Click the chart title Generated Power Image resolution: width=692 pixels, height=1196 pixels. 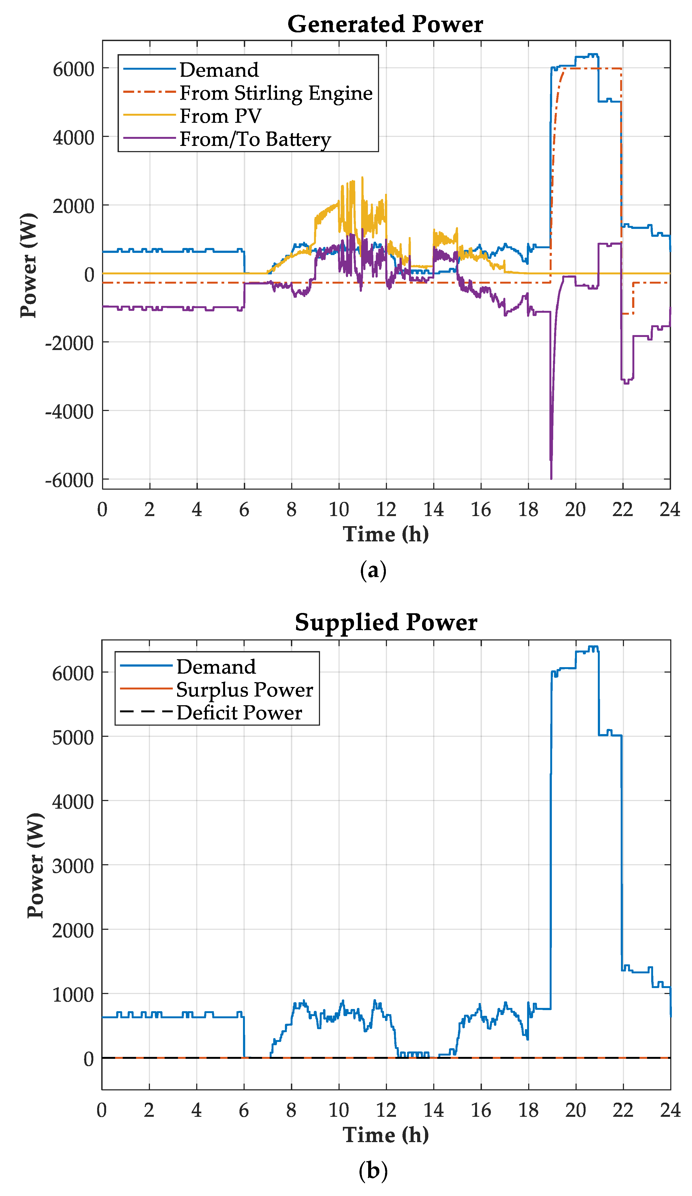click(x=385, y=24)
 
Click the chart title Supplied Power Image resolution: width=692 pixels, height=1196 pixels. click(x=385, y=622)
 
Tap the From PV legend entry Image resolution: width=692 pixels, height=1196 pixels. click(x=220, y=116)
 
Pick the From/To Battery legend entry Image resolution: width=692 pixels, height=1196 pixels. click(x=255, y=139)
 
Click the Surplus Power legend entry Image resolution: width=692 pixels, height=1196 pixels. click(x=244, y=690)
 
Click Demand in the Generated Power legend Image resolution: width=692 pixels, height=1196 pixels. click(x=219, y=70)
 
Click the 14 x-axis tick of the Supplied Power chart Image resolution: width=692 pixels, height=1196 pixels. click(x=433, y=1110)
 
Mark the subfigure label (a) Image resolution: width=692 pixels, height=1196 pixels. click(x=373, y=570)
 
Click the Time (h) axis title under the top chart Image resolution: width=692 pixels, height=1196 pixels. click(x=385, y=534)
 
